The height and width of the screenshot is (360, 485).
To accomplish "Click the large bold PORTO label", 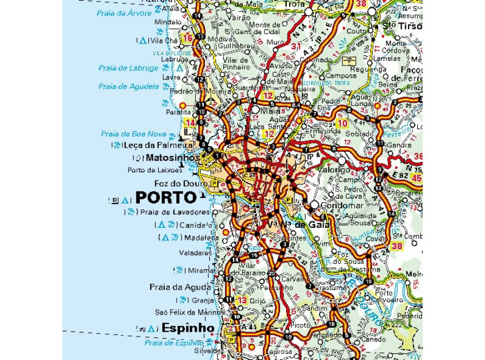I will [x=166, y=197].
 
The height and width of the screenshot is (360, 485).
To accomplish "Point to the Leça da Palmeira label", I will [x=157, y=145].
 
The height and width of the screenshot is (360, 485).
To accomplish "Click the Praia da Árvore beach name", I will [x=125, y=13].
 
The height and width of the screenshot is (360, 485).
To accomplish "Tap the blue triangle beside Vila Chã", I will [x=143, y=41].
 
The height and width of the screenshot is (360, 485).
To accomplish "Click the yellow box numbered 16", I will [x=187, y=38].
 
